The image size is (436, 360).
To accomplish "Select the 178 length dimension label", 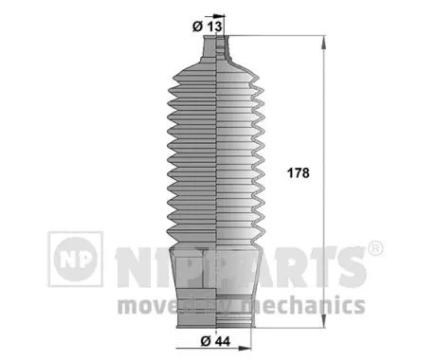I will tap(298, 173).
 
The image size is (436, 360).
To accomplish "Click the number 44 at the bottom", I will tap(224, 341).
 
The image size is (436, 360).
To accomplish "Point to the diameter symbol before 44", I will tap(207, 341).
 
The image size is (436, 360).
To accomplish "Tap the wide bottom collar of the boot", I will tap(214, 284).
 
